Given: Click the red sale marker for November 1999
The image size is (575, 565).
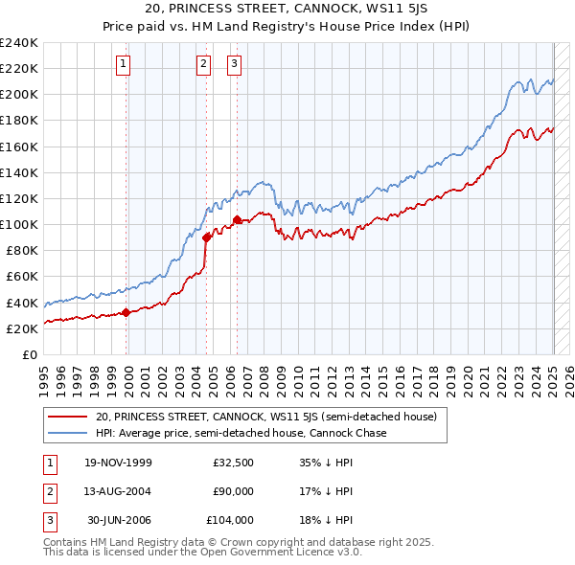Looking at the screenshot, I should pos(126,311).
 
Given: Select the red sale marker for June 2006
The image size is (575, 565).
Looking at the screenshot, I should pos(237,219).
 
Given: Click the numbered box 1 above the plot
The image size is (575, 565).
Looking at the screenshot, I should pos(125,65).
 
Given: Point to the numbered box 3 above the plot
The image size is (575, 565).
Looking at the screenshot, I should pos(235,65).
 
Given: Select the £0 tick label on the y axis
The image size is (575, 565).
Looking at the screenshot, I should pos(30,354).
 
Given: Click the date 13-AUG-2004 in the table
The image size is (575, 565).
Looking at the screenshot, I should pos(119,491).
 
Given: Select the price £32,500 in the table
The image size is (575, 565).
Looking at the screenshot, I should pos(233,463).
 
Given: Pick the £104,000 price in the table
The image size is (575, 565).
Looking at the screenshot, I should pos(230,520).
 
